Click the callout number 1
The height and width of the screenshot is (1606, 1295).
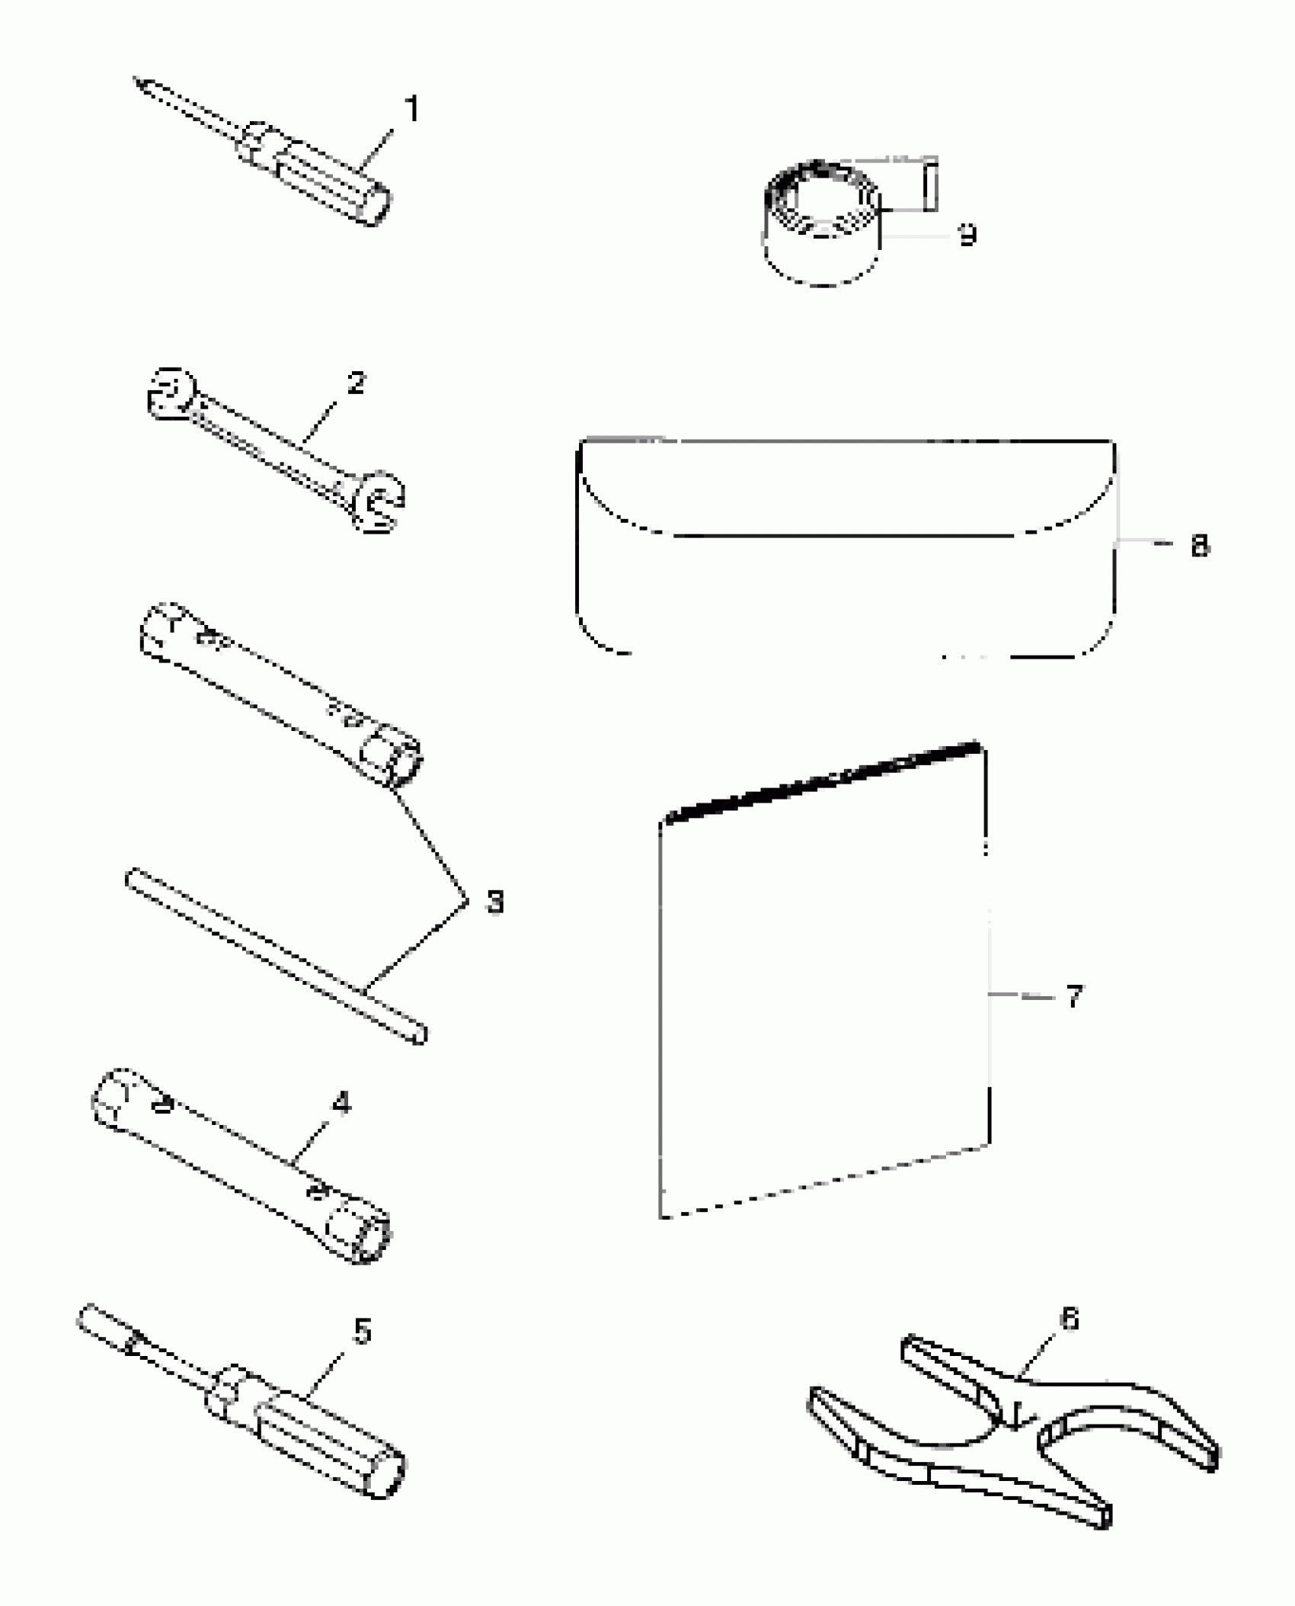(412, 109)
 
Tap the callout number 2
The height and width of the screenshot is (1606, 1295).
(355, 383)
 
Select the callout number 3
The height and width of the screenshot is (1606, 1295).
(494, 902)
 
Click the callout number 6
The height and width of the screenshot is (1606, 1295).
(1070, 1319)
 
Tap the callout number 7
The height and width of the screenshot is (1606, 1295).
(1073, 995)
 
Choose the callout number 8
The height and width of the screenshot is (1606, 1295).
(1199, 546)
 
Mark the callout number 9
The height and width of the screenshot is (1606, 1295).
(967, 235)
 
